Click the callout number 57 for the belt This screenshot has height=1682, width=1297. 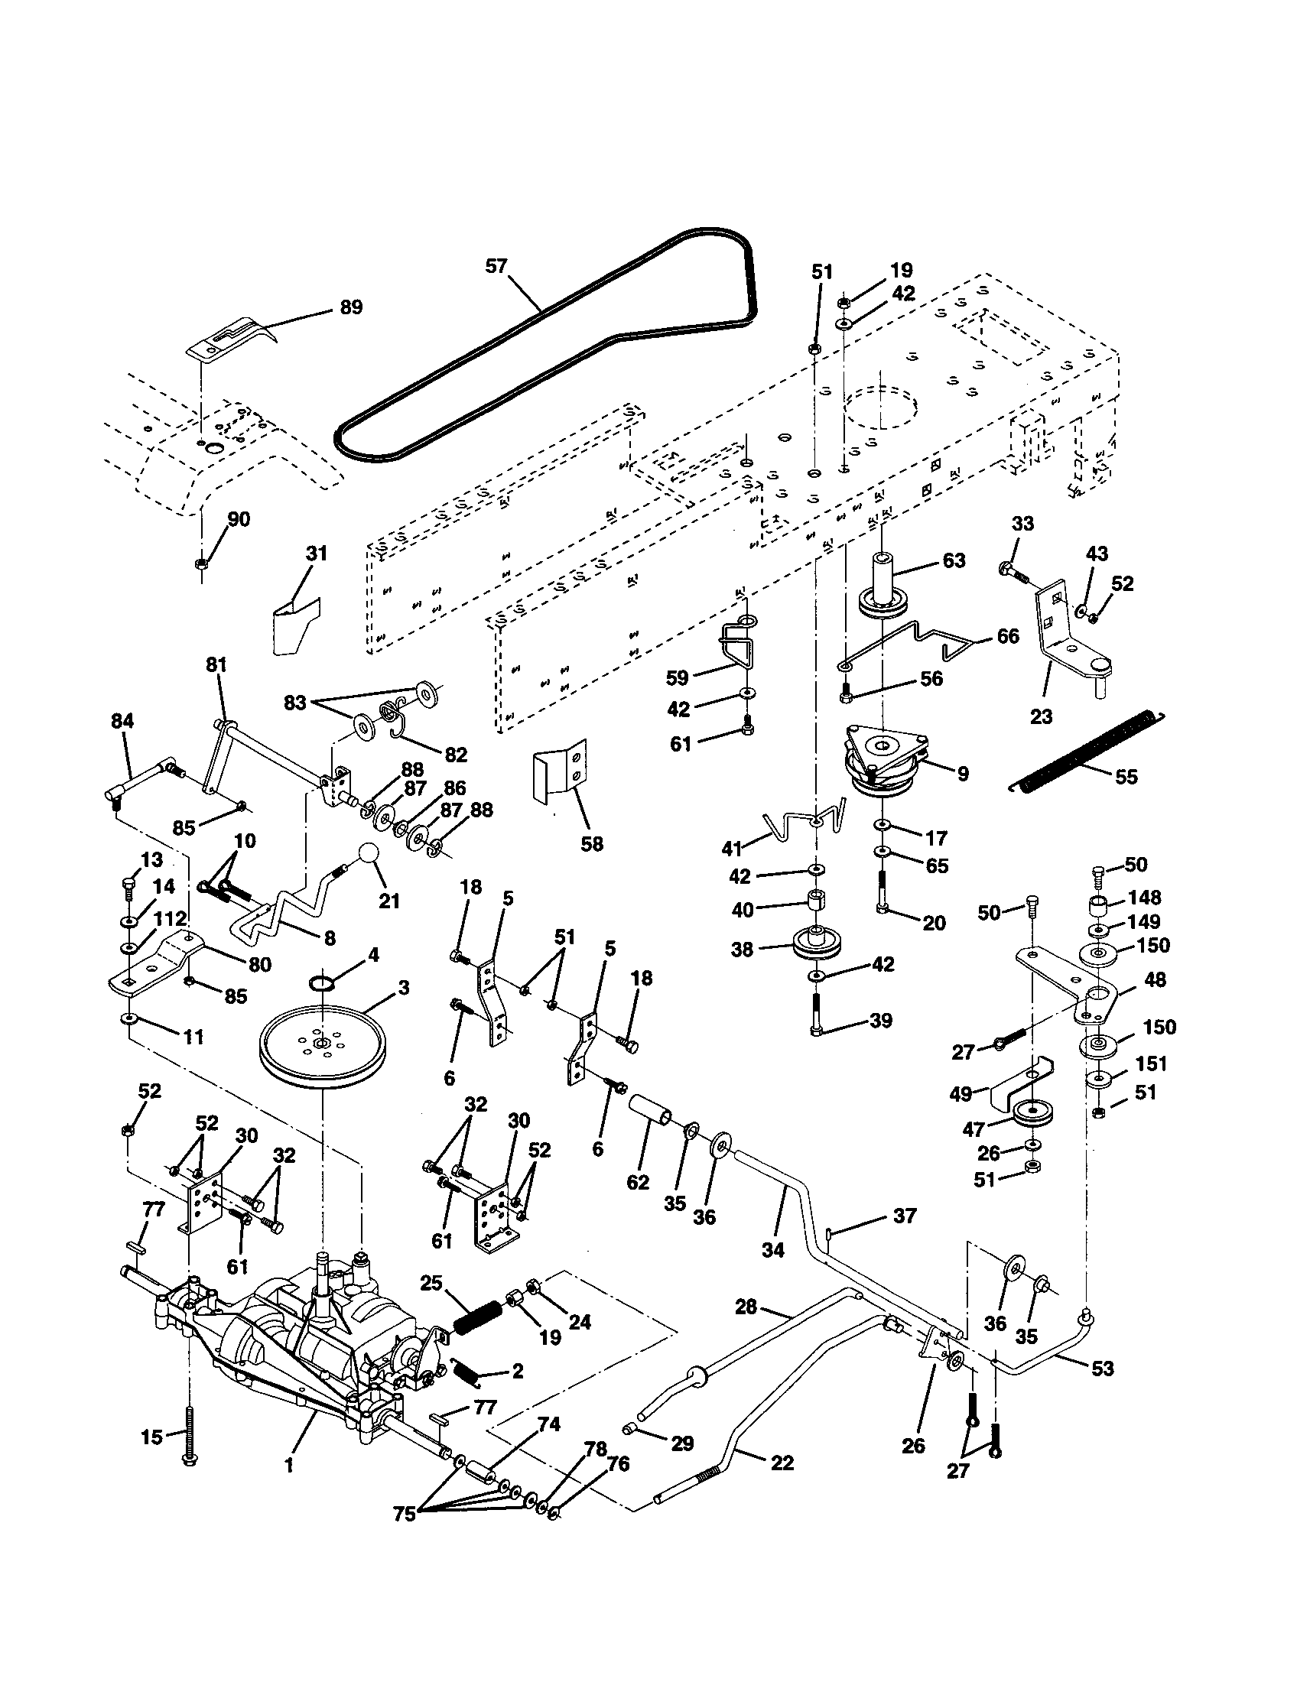pyautogui.click(x=496, y=267)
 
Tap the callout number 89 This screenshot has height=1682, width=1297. pyautogui.click(x=351, y=307)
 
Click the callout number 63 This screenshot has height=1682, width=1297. pyautogui.click(x=954, y=560)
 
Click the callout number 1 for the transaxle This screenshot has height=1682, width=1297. pyautogui.click(x=289, y=1466)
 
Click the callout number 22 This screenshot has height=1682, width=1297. pyautogui.click(x=782, y=1463)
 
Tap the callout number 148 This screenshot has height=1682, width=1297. pyautogui.click(x=1145, y=898)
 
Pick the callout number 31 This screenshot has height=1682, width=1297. pyautogui.click(x=317, y=554)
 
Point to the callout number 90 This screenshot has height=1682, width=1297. pyautogui.click(x=239, y=519)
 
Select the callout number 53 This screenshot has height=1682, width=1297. pyautogui.click(x=1103, y=1368)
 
